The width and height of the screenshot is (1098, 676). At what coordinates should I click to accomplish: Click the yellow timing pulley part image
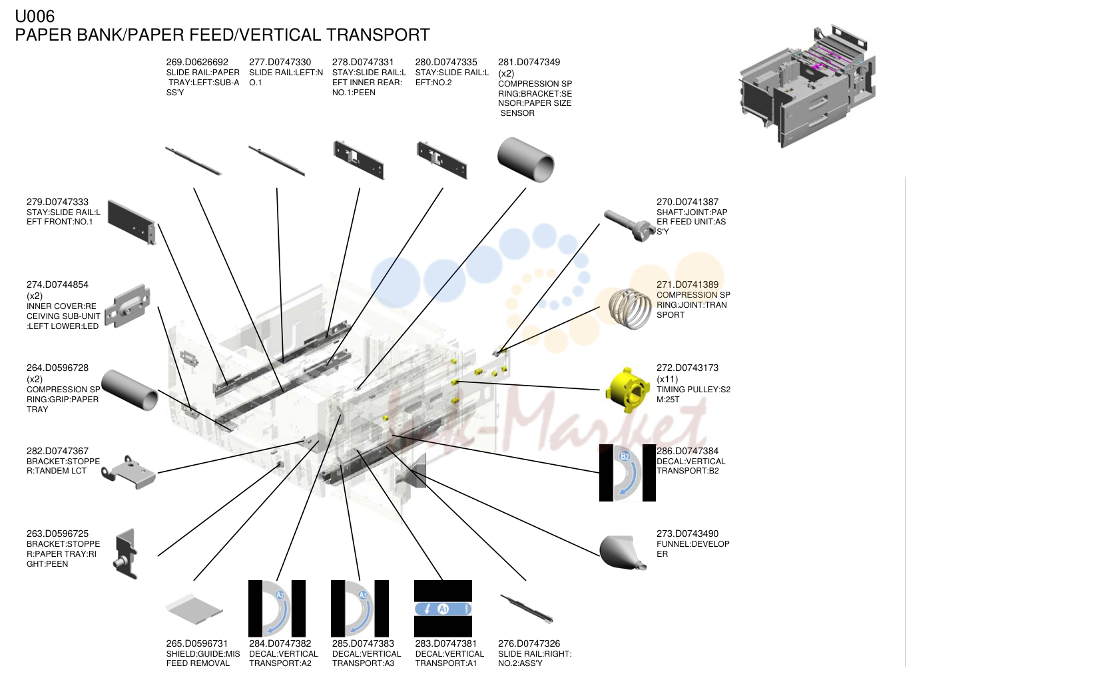(x=627, y=391)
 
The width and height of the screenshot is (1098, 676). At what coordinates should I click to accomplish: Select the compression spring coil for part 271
(x=630, y=308)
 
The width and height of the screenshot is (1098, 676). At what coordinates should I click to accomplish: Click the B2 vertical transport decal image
(x=627, y=473)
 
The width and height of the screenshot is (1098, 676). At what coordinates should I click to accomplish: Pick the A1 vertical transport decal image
(x=443, y=608)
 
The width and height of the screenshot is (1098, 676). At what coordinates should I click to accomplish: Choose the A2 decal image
(x=277, y=608)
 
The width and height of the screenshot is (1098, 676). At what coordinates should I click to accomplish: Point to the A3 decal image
(x=360, y=608)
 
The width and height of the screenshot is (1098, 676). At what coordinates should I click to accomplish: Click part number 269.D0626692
(x=197, y=62)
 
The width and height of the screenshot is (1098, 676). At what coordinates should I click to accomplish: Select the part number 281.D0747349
(x=529, y=62)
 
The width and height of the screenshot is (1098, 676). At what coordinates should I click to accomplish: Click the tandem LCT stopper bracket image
(x=129, y=472)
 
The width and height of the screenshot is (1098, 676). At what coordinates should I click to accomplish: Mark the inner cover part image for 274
(x=127, y=306)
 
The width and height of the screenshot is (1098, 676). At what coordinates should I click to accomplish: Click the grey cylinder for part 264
(x=130, y=390)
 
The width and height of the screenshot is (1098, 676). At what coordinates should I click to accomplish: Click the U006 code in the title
(x=35, y=17)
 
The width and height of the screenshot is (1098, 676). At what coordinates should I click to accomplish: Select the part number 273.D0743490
(x=688, y=534)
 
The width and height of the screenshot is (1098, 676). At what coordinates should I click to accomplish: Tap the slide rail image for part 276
(x=527, y=609)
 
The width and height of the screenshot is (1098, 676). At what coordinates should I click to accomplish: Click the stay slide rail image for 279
(x=132, y=222)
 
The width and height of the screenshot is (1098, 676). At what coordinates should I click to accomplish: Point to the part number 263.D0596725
(x=57, y=534)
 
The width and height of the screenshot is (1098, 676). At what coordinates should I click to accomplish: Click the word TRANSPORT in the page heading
(x=378, y=35)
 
